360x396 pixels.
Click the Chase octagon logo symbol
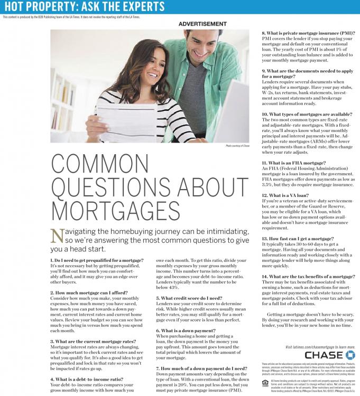coord(349,354)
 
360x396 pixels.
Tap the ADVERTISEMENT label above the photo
coord(202,24)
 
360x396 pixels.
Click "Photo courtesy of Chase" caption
coord(237,145)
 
